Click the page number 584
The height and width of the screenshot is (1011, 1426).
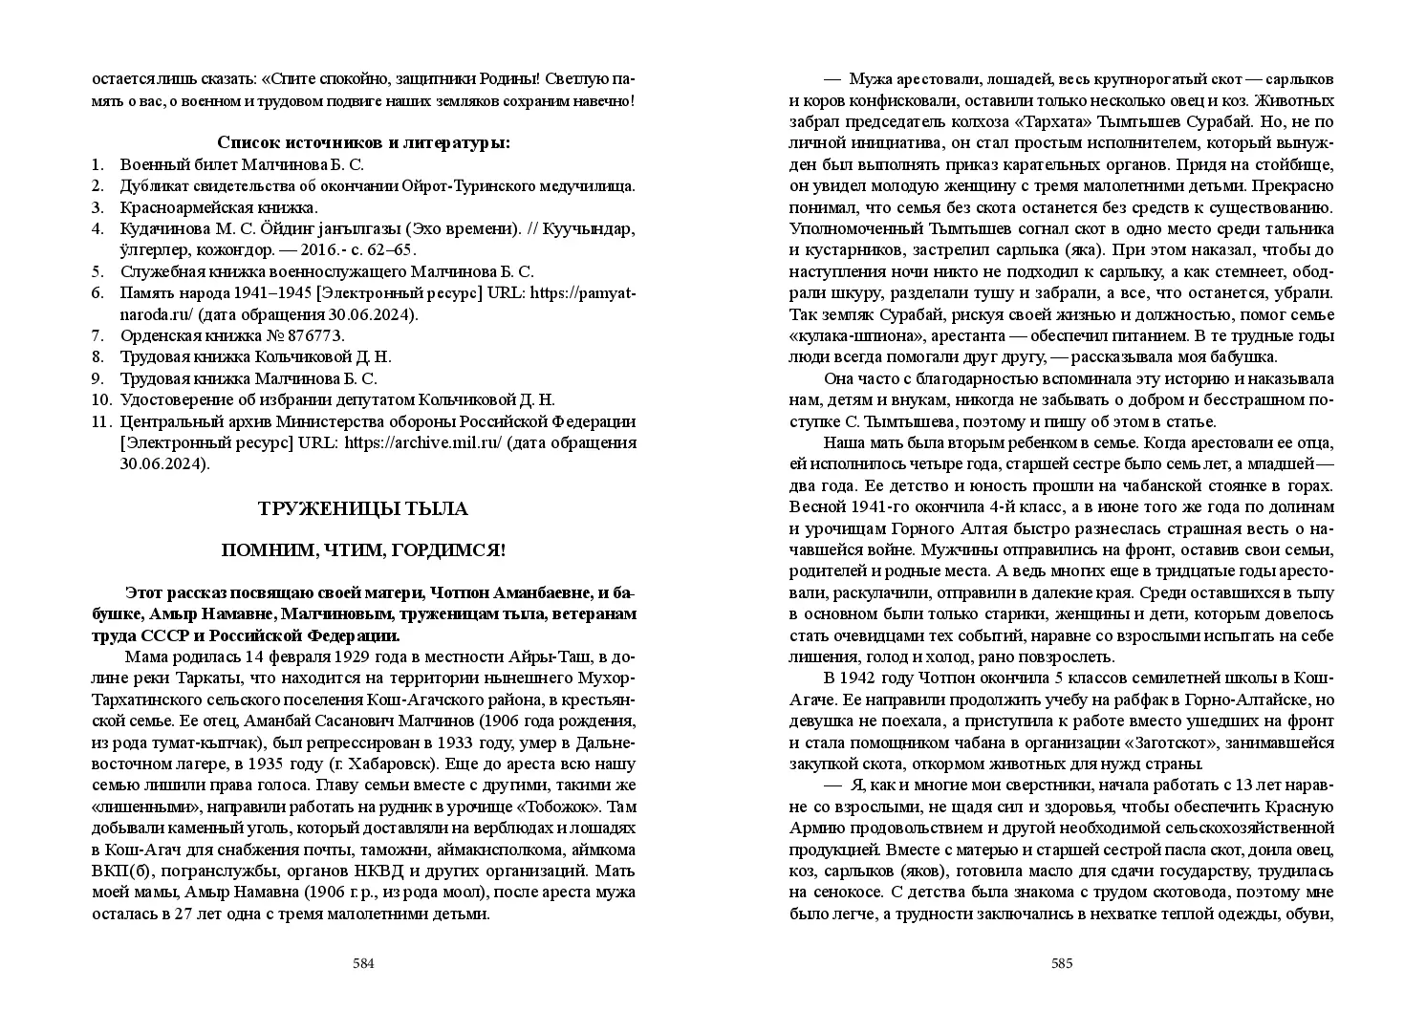pyautogui.click(x=363, y=963)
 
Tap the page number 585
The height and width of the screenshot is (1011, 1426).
pyautogui.click(x=1062, y=963)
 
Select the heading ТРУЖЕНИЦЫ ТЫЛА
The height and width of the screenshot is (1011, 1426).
pyautogui.click(x=363, y=509)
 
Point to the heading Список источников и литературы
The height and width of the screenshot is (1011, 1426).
pyautogui.click(x=363, y=143)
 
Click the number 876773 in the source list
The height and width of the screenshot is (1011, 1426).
pyautogui.click(x=309, y=335)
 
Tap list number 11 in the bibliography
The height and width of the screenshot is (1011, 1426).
pyautogui.click(x=101, y=421)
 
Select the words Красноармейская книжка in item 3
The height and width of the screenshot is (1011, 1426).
pyautogui.click(x=219, y=207)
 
